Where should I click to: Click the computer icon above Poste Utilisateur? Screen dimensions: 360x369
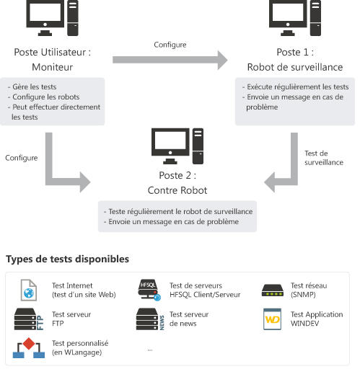[x=52, y=18]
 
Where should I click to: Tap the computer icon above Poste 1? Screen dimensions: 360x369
[x=295, y=18]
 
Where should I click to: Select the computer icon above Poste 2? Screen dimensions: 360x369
[x=177, y=146]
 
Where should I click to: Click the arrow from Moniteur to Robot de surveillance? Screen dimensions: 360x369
[x=170, y=60]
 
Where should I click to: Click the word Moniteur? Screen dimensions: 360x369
[x=52, y=67]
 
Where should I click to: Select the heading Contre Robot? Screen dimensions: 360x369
[x=177, y=190]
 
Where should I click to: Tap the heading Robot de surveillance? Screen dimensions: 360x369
[x=295, y=67]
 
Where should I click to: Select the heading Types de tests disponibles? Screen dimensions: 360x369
[x=68, y=259]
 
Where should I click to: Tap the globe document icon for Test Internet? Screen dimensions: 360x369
[x=29, y=290]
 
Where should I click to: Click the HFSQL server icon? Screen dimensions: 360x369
[x=149, y=290]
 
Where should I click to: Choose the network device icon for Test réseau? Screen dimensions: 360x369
[x=273, y=290]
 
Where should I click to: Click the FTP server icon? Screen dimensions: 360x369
[x=29, y=319]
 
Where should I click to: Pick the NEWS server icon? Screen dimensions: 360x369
[x=150, y=319]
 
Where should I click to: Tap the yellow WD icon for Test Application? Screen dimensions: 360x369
[x=272, y=319]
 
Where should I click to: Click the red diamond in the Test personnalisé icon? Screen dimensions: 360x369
[x=29, y=344]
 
